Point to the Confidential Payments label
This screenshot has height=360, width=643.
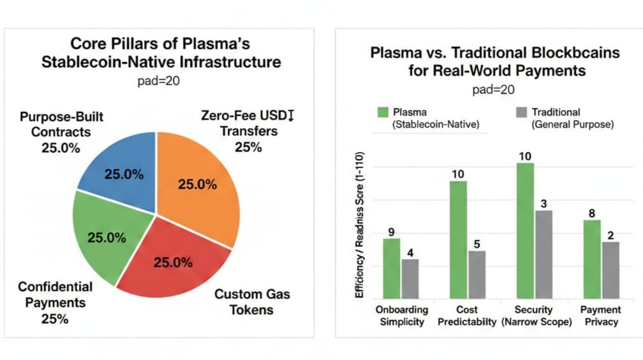tap(55, 303)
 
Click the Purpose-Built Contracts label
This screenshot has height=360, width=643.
tap(61, 133)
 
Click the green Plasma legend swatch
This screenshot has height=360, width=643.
tap(383, 112)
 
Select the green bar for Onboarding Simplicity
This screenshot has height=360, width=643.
tap(391, 268)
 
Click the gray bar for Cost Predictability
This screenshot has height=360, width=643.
tap(477, 274)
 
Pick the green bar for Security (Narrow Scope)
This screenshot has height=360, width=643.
tap(525, 230)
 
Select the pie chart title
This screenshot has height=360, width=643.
tap(160, 54)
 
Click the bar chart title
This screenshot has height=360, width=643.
tap(494, 61)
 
